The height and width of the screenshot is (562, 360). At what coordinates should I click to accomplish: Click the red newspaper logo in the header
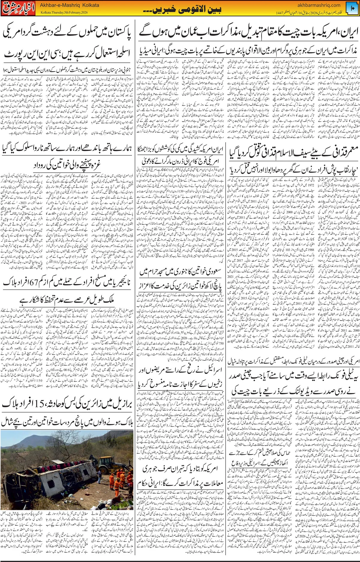tap(18, 9)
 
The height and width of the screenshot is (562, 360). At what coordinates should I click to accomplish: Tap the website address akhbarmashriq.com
tap(319, 5)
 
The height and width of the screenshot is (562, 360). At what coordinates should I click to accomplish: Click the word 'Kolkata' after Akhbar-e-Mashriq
tap(90, 5)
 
